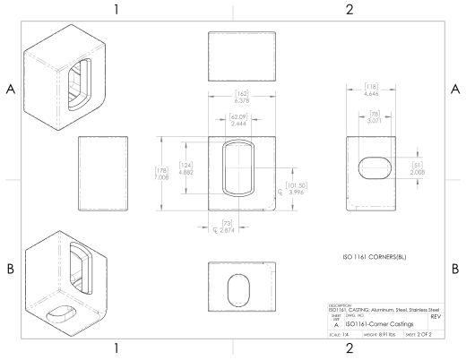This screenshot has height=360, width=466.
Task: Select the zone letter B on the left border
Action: click(11, 269)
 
